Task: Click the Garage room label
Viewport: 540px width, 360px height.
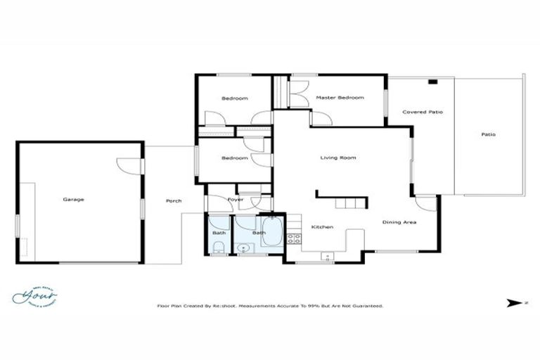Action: point(73,199)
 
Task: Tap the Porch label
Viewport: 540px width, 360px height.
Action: point(173,201)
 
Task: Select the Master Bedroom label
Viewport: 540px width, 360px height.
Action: point(340,98)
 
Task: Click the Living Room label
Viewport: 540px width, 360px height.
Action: point(338,157)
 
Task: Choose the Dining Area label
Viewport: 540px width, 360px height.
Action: point(399,222)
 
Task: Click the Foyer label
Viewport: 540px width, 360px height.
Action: point(235,200)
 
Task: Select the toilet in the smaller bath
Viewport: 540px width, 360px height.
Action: point(217,245)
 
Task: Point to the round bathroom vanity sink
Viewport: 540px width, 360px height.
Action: point(243,247)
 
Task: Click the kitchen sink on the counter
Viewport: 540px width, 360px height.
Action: point(326,255)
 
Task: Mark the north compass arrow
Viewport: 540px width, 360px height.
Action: point(512,304)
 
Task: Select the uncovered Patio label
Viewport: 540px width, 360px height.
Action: point(488,134)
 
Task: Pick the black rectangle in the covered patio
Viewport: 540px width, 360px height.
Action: point(432,82)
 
